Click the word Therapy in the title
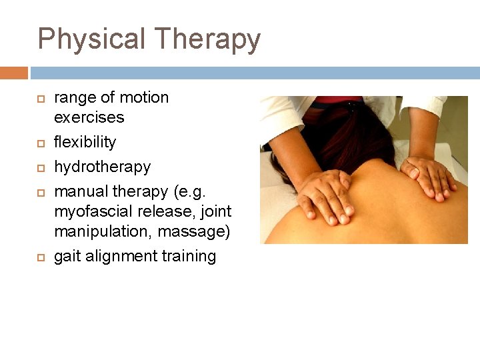204,39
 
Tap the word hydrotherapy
102,167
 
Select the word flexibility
85,142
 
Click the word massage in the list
192,232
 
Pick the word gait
67,257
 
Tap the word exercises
89,117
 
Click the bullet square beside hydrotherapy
39,167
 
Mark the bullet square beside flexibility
39,143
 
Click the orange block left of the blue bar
13,73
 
